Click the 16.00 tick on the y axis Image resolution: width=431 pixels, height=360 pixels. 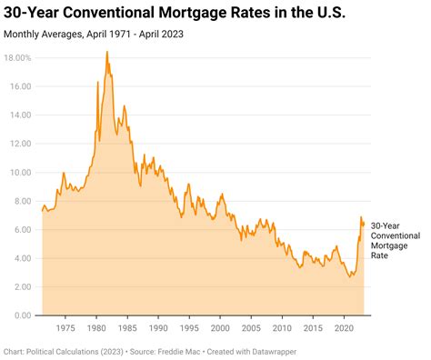point(22,86)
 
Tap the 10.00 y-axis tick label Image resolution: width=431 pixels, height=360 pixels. point(22,172)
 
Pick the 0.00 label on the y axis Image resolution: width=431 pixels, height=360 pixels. point(24,315)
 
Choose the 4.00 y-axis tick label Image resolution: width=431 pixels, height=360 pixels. point(24,258)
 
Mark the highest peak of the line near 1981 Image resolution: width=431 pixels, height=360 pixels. point(106,52)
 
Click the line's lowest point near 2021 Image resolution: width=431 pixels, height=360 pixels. point(351,275)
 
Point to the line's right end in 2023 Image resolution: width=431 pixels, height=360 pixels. point(364,223)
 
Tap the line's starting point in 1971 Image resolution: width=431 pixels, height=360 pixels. point(42,211)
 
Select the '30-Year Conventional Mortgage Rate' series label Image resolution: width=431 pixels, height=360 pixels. point(397,240)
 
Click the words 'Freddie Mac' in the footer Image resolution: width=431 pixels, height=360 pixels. point(192,349)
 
